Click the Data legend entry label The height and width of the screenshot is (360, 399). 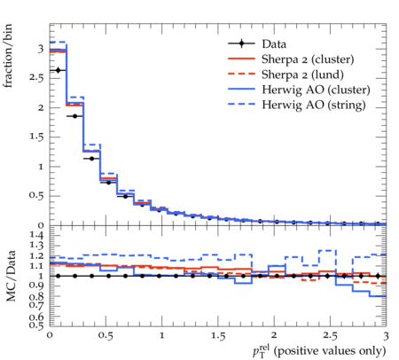click(274, 44)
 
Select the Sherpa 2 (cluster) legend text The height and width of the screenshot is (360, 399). click(308, 59)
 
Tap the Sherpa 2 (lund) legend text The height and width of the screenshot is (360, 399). click(302, 74)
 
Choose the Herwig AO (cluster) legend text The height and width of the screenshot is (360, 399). click(316, 90)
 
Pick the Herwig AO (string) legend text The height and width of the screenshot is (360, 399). click(313, 105)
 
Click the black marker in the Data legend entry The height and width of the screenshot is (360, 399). click(242, 43)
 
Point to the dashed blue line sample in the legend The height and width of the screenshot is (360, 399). click(241, 104)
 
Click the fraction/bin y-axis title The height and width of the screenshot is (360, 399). click(8, 56)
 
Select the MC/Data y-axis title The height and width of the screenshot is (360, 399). click(11, 276)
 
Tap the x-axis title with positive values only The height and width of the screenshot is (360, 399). click(319, 350)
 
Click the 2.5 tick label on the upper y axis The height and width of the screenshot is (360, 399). click(36, 78)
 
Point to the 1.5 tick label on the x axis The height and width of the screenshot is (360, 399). click(218, 336)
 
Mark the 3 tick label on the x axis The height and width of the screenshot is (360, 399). click(386, 336)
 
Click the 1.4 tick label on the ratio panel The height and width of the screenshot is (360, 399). click(36, 235)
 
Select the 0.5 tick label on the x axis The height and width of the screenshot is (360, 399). click(106, 336)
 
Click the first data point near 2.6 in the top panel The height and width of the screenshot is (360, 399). click(58, 70)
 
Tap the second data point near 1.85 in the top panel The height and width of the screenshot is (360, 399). click(74, 116)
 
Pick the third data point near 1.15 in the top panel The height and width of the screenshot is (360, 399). click(91, 159)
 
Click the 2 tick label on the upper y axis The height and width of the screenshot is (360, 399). click(41, 107)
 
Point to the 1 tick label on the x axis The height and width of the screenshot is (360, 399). click(161, 336)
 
